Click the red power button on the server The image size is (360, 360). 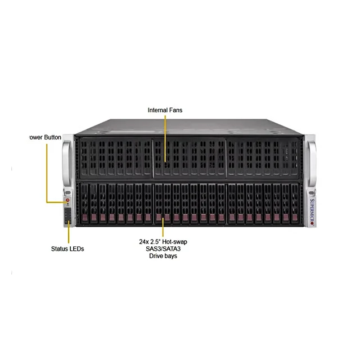pyautogui.click(x=67, y=200)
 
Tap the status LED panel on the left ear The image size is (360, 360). pyautogui.click(x=68, y=215)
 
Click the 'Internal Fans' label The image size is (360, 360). pyautogui.click(x=165, y=110)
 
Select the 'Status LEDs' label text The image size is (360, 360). pyautogui.click(x=67, y=248)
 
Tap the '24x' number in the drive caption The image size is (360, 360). pyautogui.click(x=144, y=241)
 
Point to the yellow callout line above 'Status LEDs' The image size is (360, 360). pyautogui.click(x=69, y=233)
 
